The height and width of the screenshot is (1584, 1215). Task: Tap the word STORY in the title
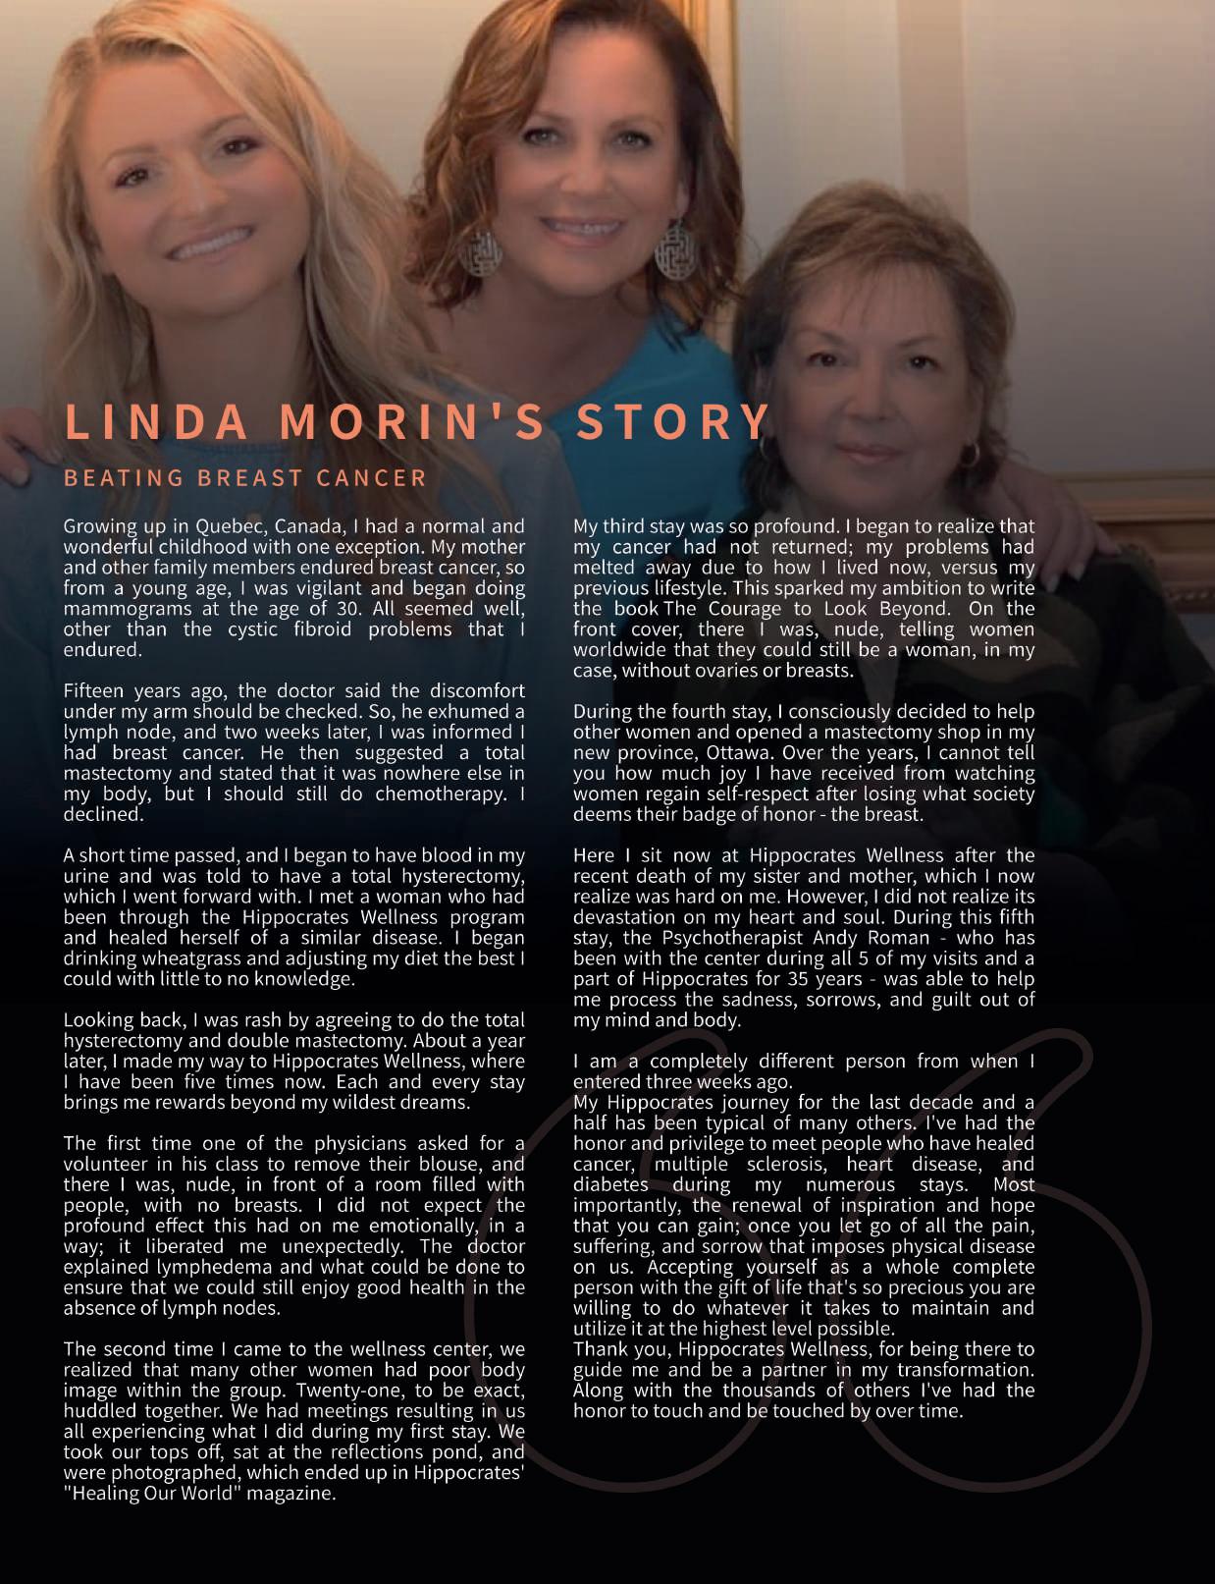click(x=672, y=422)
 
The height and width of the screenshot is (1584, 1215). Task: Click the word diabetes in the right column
click(x=610, y=1185)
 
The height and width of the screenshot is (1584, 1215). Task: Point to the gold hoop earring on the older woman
click(x=972, y=454)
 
